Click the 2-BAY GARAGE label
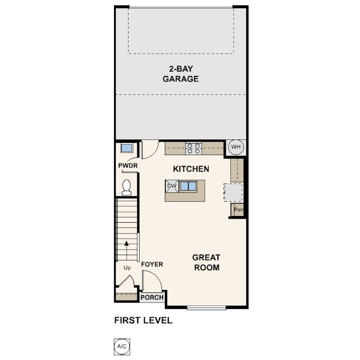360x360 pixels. tap(181, 74)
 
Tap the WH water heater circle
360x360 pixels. tap(236, 147)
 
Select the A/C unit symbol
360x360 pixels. tap(122, 347)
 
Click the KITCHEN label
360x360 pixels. tap(191, 169)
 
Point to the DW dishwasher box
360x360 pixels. tap(172, 186)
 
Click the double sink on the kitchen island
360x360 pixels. tap(188, 186)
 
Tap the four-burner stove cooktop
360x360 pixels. tap(193, 148)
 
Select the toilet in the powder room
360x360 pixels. tap(127, 188)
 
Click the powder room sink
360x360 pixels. tap(127, 148)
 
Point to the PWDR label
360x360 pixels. tap(128, 165)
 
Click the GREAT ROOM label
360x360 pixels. tap(206, 262)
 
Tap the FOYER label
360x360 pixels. tap(152, 264)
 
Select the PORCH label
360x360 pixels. tap(152, 297)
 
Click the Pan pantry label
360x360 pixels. tap(239, 210)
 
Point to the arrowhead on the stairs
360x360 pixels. tap(127, 243)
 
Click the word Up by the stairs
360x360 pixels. tap(127, 268)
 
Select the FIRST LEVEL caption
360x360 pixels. tap(143, 320)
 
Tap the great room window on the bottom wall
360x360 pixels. tap(206, 308)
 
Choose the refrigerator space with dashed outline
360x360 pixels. tap(233, 192)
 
